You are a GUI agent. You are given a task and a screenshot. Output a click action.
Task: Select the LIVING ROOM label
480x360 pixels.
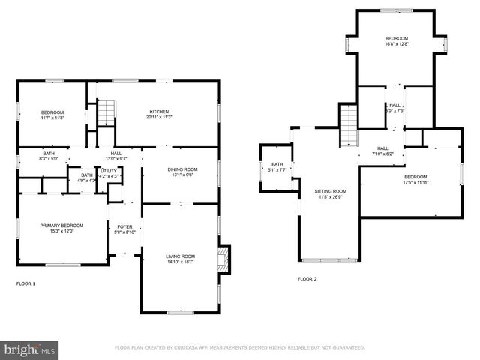tap(180, 257)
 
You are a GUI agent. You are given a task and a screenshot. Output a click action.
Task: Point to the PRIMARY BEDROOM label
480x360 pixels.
tap(61, 225)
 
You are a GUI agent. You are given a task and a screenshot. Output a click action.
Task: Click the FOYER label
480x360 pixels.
tap(124, 226)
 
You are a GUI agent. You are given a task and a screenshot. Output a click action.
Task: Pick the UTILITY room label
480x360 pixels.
tap(109, 171)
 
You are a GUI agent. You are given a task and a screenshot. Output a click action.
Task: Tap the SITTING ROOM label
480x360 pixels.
tap(330, 191)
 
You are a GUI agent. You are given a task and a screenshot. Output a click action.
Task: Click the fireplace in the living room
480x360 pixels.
tap(221, 260)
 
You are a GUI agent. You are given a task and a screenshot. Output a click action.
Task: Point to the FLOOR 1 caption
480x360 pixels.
tap(25, 283)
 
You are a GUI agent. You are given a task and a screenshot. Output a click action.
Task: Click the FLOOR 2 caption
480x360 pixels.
tap(307, 279)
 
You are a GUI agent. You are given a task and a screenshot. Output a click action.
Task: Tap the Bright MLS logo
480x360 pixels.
tap(30, 349)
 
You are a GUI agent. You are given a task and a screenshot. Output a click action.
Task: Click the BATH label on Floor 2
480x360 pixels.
tap(277, 164)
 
